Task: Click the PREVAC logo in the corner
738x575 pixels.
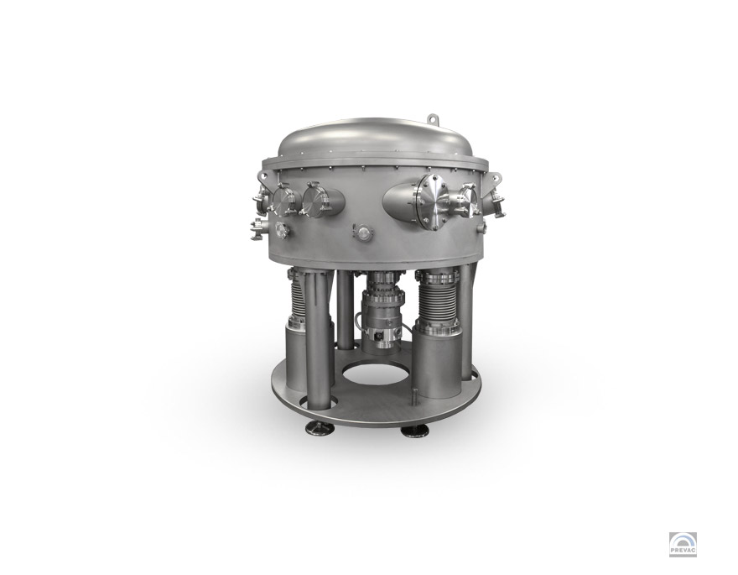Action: pos(683,545)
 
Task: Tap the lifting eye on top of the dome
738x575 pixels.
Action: pos(433,118)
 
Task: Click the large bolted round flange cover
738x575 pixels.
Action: pos(432,200)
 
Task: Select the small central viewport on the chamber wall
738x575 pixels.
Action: pos(364,232)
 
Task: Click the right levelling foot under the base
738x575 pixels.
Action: pos(414,431)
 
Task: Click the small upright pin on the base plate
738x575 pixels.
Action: pos(414,396)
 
